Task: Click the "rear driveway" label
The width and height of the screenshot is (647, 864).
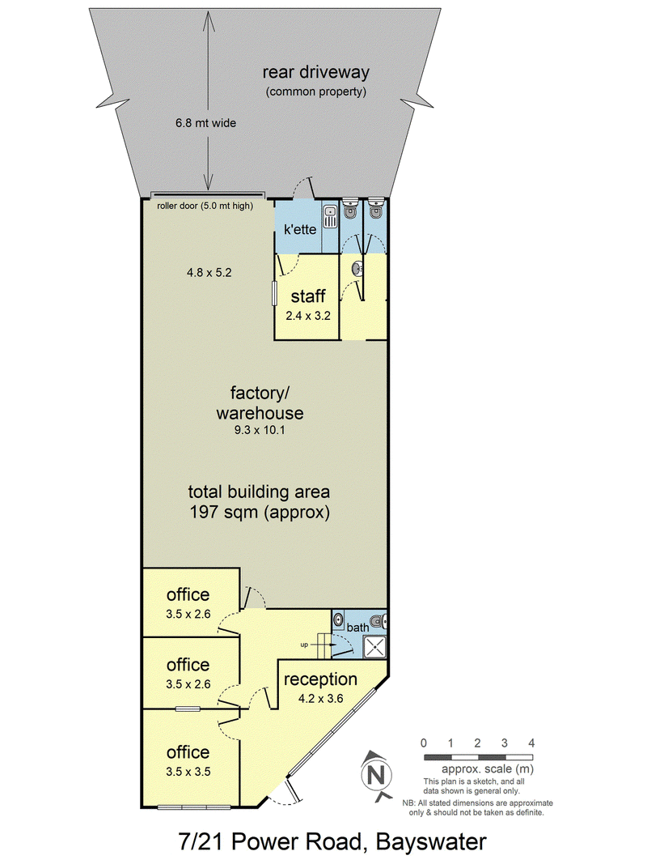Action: point(315,72)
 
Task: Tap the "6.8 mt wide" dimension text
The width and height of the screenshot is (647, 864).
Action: point(205,123)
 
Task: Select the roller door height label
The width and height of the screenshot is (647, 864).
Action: point(205,206)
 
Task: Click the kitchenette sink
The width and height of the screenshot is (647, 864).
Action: point(330,216)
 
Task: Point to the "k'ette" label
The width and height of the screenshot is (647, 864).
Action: point(300,229)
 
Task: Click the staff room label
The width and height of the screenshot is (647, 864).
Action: point(308,296)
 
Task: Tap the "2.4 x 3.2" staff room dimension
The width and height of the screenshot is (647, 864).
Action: point(308,316)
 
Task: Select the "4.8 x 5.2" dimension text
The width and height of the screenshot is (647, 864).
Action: point(209,272)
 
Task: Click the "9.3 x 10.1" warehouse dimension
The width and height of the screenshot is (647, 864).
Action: point(260,430)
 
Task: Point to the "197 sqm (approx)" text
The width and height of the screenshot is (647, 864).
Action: point(260,513)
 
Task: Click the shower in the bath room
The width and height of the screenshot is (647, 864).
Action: point(374,646)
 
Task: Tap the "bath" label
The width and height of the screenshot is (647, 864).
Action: point(357,628)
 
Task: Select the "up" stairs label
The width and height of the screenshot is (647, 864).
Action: point(304,645)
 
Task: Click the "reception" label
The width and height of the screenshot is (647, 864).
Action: point(320,680)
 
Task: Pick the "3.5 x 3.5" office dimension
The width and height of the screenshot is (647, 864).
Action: point(188,772)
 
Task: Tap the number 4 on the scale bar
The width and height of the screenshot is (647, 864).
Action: point(531,743)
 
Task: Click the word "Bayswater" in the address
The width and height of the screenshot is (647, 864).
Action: point(431,842)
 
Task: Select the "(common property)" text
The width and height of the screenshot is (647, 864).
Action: point(315,92)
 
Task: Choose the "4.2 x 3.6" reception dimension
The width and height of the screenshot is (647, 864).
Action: point(321,699)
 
